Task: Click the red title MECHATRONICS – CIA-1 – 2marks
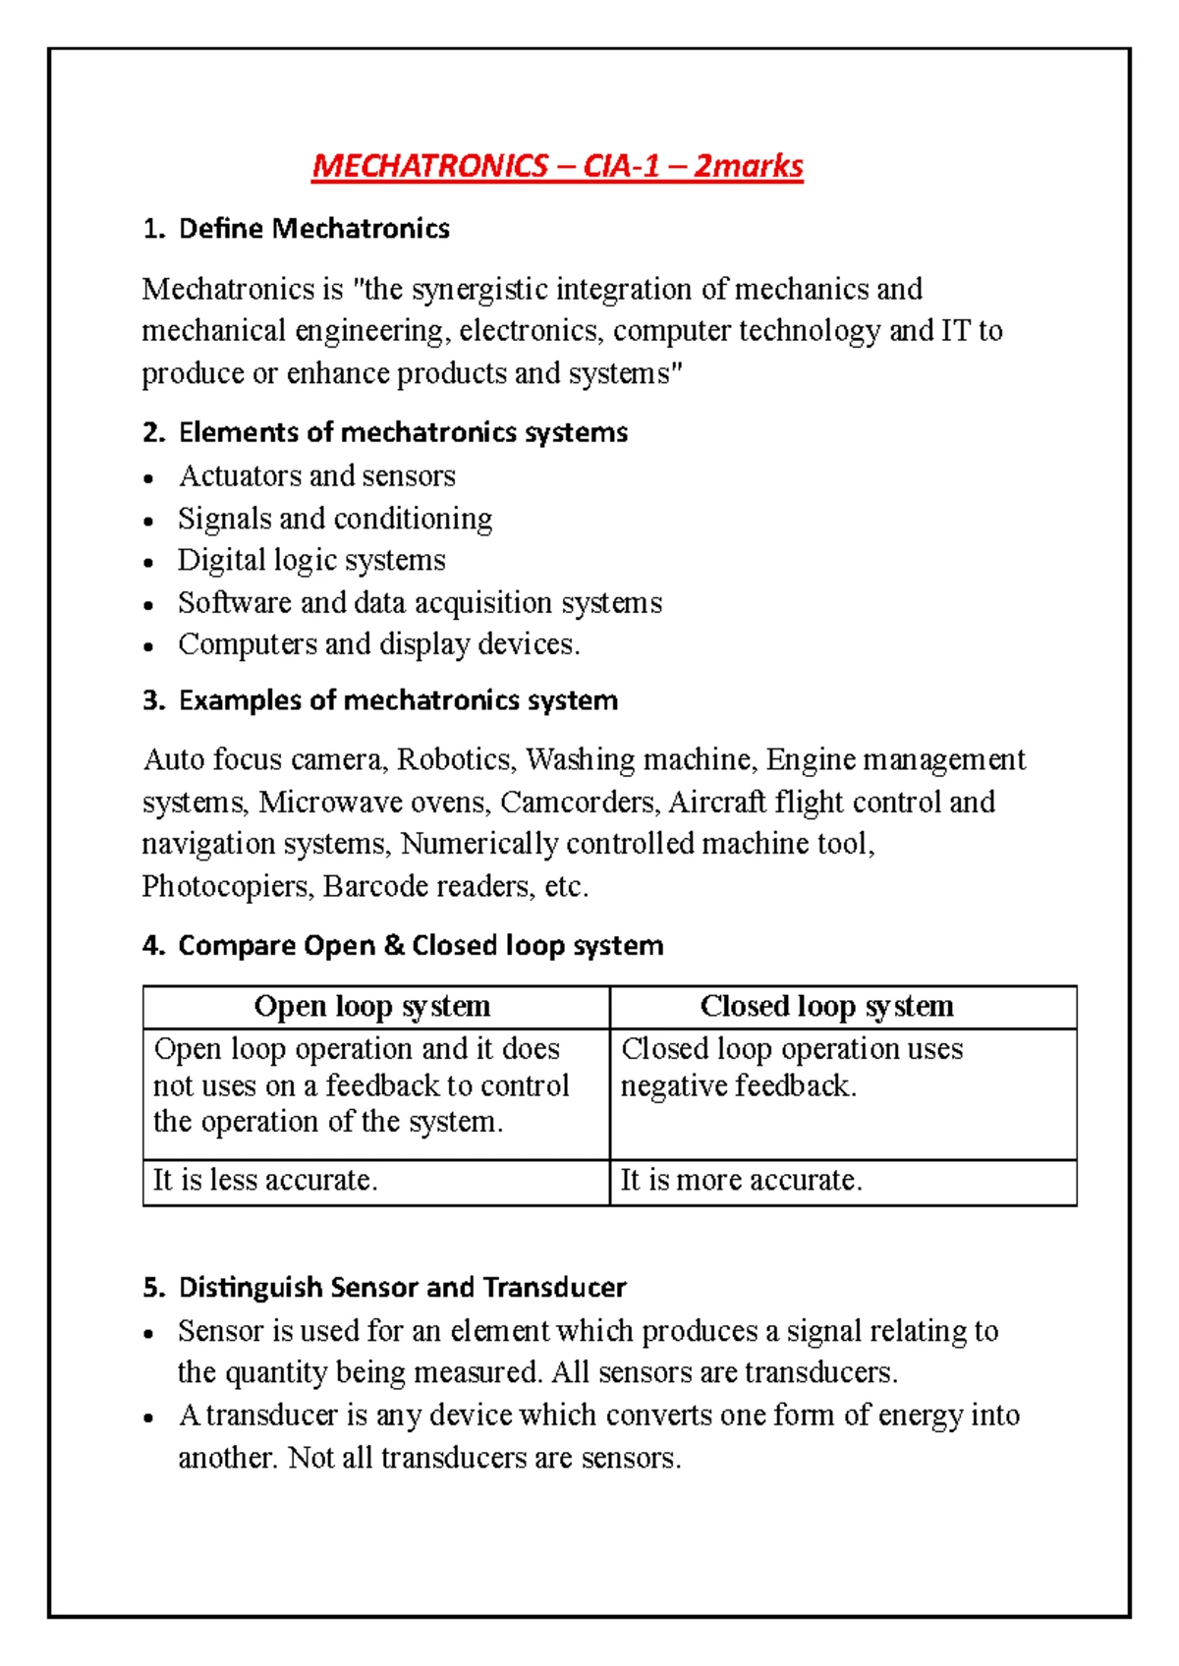click(x=557, y=166)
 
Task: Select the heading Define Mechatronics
click(x=313, y=229)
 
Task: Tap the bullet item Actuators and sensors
click(x=316, y=476)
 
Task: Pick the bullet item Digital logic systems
click(x=311, y=560)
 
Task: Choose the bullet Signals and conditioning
click(x=335, y=519)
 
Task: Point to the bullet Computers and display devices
click(x=378, y=644)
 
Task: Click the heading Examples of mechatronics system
click(x=398, y=700)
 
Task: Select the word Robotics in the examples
click(x=454, y=760)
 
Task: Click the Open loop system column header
click(x=372, y=1007)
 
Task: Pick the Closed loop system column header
click(x=826, y=1007)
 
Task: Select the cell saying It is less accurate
click(x=265, y=1180)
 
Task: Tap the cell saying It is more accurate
click(x=741, y=1180)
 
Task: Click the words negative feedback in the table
click(x=738, y=1086)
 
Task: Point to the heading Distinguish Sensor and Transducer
click(x=402, y=1288)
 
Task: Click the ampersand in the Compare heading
click(x=394, y=946)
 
